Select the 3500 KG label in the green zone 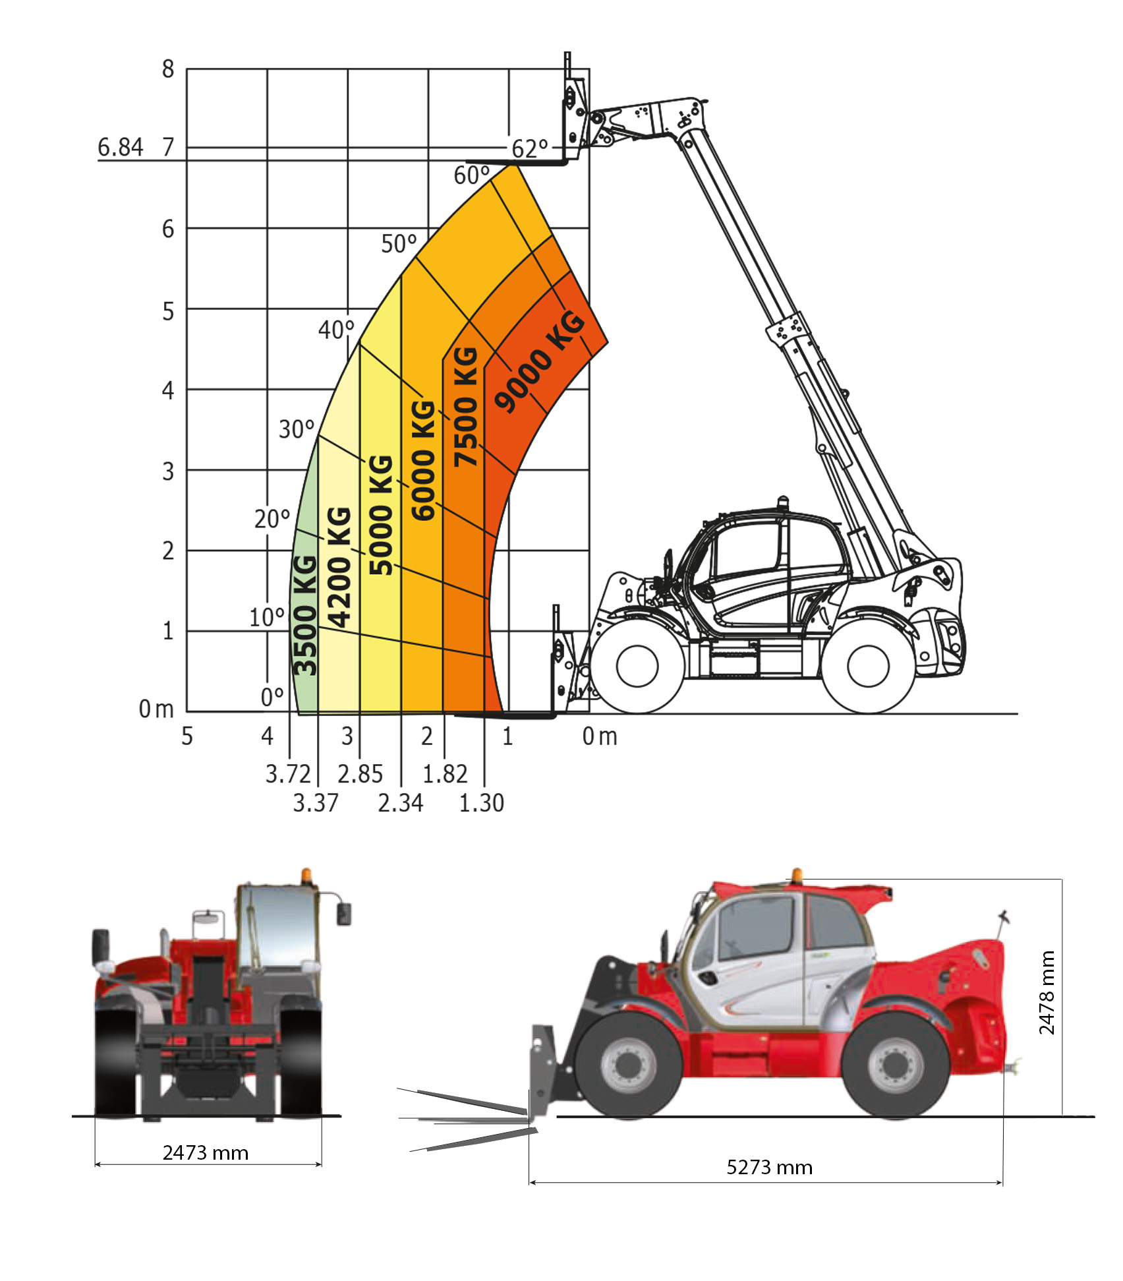point(304,616)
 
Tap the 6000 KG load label point(423,460)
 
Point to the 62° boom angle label point(530,149)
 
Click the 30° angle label point(297,429)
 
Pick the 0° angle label point(272,697)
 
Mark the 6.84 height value point(120,147)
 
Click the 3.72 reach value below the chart point(287,774)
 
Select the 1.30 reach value point(482,803)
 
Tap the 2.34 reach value point(401,803)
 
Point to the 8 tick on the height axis point(168,69)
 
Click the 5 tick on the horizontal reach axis point(187,736)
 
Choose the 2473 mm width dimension point(206,1153)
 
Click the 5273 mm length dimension point(769,1168)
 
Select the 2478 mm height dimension point(1047,992)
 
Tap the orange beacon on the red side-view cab point(797,874)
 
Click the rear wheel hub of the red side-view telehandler point(895,1065)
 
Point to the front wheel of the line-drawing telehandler point(637,666)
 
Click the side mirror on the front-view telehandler point(344,914)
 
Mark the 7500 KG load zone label point(466,406)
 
